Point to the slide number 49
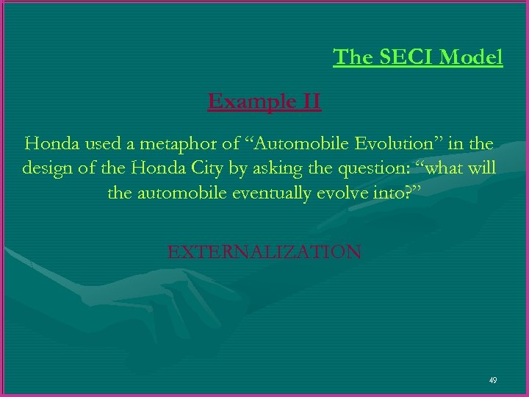click(492, 380)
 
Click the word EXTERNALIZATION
click(264, 252)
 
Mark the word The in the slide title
click(353, 57)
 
